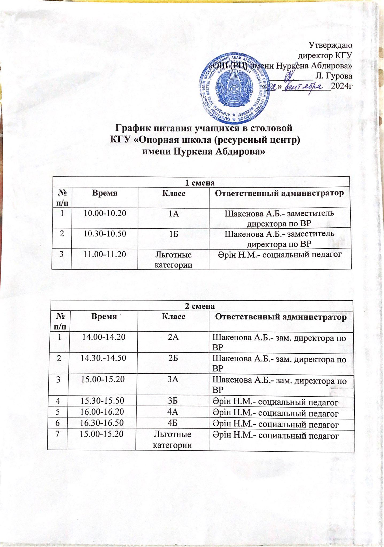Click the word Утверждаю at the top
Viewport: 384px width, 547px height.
[330, 45]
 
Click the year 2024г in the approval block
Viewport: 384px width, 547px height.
[341, 86]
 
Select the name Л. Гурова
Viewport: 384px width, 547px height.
[333, 76]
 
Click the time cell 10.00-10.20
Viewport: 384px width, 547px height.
[105, 213]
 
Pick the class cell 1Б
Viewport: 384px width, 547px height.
[174, 234]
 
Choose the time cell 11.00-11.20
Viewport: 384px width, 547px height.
[105, 254]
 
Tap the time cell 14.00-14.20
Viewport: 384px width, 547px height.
[104, 337]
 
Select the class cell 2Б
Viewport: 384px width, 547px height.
[173, 358]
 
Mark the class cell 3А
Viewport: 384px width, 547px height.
[173, 379]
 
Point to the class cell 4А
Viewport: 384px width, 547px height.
[173, 412]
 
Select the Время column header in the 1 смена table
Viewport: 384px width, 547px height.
[105, 193]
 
